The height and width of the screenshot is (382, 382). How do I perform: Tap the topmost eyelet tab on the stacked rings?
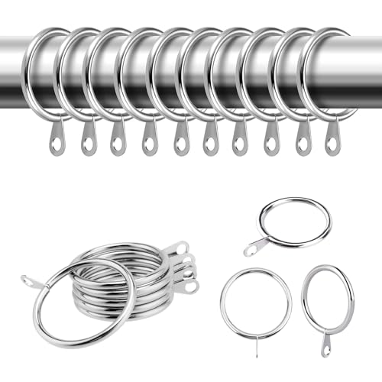(180, 248)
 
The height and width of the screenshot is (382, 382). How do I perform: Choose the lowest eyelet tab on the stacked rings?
(186, 286)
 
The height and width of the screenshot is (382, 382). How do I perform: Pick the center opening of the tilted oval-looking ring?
(328, 299)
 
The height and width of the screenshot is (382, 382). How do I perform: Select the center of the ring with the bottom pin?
(256, 302)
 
